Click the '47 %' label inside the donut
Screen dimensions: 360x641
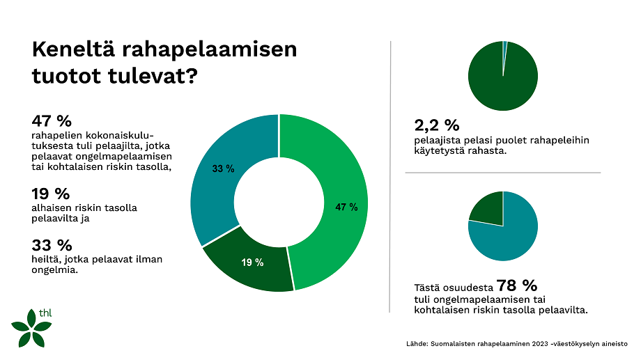coord(346,208)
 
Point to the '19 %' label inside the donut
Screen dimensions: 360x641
coord(252,263)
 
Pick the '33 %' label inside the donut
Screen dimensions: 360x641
coord(223,169)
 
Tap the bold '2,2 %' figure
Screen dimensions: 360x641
coord(437,126)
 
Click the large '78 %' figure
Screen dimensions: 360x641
coord(516,285)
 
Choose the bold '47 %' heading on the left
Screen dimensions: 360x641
coord(52,120)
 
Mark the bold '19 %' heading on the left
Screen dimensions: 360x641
coord(52,194)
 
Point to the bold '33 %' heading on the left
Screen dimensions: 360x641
coord(52,245)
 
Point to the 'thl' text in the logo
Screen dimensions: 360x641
coord(46,313)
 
